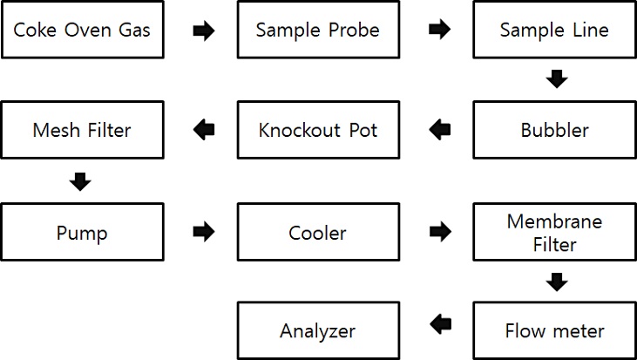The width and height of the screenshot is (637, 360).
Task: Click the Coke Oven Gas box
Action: click(x=83, y=30)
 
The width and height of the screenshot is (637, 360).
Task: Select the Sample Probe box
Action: click(x=319, y=30)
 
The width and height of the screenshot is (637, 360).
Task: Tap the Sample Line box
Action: click(x=554, y=30)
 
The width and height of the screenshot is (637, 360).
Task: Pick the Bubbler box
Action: click(x=554, y=130)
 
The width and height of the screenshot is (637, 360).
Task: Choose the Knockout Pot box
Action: click(x=319, y=130)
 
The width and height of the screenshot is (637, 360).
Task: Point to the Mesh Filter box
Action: click(x=83, y=130)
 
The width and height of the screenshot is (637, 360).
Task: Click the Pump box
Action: click(x=83, y=232)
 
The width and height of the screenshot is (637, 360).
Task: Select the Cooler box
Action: click(x=319, y=232)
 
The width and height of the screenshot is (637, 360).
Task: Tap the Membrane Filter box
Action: click(x=554, y=232)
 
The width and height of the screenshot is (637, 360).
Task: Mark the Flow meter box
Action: click(x=554, y=330)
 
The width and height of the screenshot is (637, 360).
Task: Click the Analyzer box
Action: click(x=319, y=330)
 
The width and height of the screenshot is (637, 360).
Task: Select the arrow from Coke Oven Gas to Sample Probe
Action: click(x=204, y=31)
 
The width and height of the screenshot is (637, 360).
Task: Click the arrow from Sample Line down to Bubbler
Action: click(x=557, y=78)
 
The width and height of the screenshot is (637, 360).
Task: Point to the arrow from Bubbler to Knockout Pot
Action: click(x=440, y=130)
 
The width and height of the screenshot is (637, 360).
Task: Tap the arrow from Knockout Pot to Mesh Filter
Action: click(x=204, y=130)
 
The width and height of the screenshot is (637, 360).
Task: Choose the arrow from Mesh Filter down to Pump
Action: click(x=80, y=181)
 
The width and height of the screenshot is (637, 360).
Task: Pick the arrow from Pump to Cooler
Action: click(x=204, y=232)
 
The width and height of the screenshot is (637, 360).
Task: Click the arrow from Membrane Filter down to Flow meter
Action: click(x=557, y=282)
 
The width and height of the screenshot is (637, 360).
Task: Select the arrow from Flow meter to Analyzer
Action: click(x=440, y=324)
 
